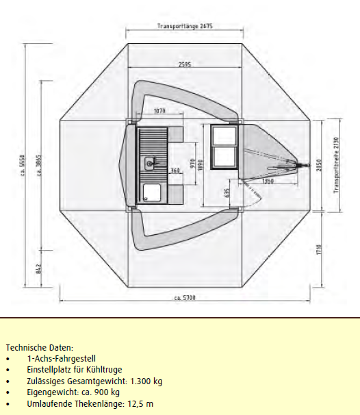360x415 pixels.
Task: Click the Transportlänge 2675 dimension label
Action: [185, 26]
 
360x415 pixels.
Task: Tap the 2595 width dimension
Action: [185, 64]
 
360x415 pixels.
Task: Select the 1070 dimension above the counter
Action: [159, 111]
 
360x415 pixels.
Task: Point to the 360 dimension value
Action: [175, 171]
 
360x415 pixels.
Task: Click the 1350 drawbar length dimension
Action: [268, 181]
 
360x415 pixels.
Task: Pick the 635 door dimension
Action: [227, 192]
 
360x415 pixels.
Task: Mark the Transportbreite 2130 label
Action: [336, 165]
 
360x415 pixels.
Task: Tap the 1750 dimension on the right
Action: [319, 249]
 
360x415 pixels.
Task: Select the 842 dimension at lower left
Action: [39, 268]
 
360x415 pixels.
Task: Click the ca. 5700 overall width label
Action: [185, 298]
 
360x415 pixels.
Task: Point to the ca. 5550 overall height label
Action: [23, 165]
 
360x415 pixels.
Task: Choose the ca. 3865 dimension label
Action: [39, 165]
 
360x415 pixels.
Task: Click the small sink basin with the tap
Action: [150, 163]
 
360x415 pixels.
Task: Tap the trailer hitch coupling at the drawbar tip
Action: [304, 166]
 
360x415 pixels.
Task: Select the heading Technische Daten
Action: [40, 347]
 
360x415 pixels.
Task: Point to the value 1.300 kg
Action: [146, 381]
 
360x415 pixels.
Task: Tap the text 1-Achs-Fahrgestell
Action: [62, 359]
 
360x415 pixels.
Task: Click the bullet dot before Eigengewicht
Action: [8, 393]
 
